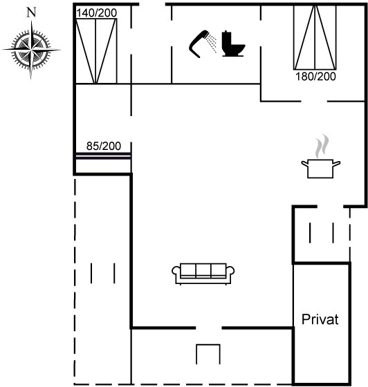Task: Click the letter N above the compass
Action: click(31, 12)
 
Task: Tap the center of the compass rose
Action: click(31, 50)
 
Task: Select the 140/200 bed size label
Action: click(97, 13)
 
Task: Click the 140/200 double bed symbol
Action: click(96, 51)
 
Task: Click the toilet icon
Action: click(232, 44)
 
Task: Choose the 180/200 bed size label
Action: click(315, 77)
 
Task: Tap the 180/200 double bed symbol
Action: click(315, 37)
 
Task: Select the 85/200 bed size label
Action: click(104, 146)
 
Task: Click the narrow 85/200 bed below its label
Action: click(103, 156)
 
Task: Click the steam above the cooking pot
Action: click(322, 146)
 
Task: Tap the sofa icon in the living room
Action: click(203, 274)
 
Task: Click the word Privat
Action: click(320, 319)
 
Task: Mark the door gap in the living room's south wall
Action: click(209, 328)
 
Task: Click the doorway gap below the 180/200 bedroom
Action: click(314, 101)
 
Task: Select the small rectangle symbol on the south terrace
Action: click(208, 354)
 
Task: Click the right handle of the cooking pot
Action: click(337, 163)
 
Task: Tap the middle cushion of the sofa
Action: click(203, 270)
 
